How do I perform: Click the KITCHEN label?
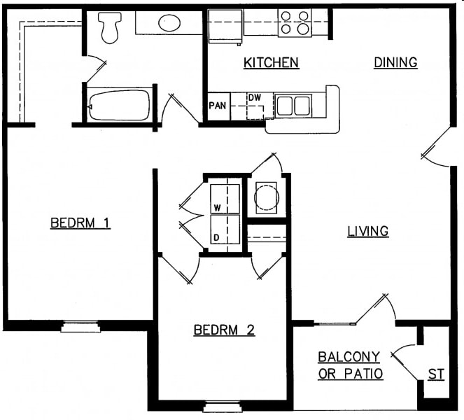pyautogui.click(x=271, y=63)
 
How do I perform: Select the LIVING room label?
pyautogui.click(x=368, y=231)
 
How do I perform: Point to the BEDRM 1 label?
pyautogui.click(x=80, y=223)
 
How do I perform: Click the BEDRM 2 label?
pyautogui.click(x=224, y=330)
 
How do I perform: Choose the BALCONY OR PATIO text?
pyautogui.click(x=350, y=365)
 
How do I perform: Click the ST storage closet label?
pyautogui.click(x=436, y=375)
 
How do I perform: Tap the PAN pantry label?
pyautogui.click(x=216, y=106)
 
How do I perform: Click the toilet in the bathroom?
pyautogui.click(x=109, y=27)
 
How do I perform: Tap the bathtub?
pyautogui.click(x=119, y=105)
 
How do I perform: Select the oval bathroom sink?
pyautogui.click(x=170, y=23)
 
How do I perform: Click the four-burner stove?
pyautogui.click(x=295, y=22)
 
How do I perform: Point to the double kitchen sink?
pyautogui.click(x=293, y=106)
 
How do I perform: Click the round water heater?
pyautogui.click(x=267, y=197)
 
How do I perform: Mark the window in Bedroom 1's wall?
pyautogui.click(x=80, y=325)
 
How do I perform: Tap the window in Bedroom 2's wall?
pyautogui.click(x=223, y=405)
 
